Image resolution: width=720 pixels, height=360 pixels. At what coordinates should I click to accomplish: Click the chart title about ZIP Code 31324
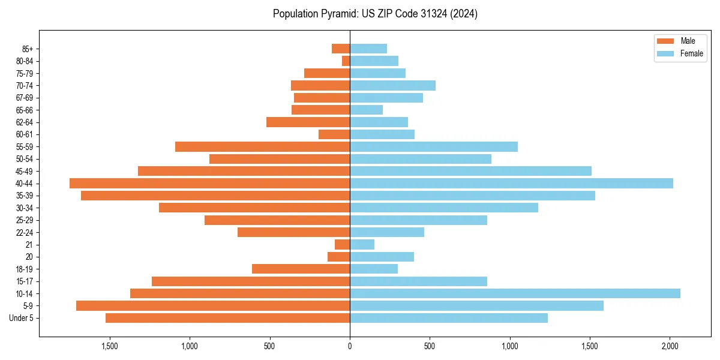(375, 14)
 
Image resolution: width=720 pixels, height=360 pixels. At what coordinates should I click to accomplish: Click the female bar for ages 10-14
(515, 293)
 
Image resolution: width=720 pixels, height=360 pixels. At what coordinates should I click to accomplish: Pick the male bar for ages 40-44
(209, 184)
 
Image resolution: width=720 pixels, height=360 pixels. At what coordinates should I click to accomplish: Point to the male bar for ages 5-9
(213, 306)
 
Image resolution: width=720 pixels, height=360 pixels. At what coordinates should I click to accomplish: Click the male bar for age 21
(343, 245)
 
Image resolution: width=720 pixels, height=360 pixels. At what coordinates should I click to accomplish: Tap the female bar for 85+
(368, 49)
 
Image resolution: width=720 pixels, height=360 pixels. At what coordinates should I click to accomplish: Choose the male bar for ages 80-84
(346, 61)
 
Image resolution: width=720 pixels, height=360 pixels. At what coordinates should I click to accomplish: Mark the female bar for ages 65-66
(366, 110)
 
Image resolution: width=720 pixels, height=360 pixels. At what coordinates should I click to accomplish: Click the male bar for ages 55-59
(262, 147)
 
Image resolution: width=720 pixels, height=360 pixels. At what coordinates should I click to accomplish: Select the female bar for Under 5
(449, 318)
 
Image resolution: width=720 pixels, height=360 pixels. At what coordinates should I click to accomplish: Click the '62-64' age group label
(25, 122)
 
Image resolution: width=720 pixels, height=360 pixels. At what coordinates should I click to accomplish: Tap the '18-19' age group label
(25, 269)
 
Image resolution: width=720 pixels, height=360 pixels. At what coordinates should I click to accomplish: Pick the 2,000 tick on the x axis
(670, 346)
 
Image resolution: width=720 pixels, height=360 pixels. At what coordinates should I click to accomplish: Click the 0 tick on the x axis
(350, 346)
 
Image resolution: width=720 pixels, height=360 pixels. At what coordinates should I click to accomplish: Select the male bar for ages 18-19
(301, 269)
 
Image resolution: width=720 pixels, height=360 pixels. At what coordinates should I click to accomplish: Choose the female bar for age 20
(382, 257)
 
